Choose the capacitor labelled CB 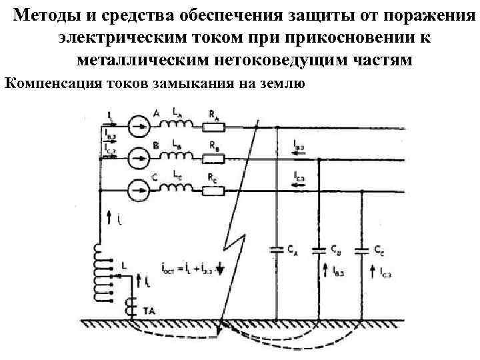tap(319, 251)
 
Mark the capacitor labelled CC tap(362, 251)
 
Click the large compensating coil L tap(102, 273)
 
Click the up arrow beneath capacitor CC tap(371, 272)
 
